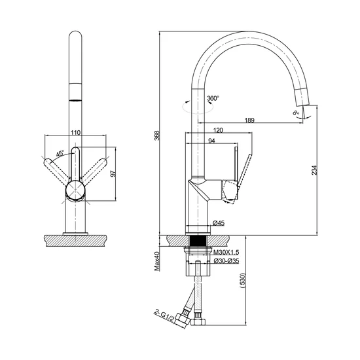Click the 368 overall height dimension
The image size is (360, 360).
click(157, 135)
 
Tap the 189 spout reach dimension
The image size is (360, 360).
click(249, 120)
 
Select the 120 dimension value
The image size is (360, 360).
click(218, 130)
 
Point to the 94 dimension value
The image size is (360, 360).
click(211, 141)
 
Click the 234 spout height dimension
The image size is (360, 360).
click(314, 170)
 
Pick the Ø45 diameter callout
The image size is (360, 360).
click(219, 223)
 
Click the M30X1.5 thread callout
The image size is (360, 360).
click(226, 252)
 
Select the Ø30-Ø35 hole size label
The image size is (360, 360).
click(226, 261)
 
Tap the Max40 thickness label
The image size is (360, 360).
click(157, 261)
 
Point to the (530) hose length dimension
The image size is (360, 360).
click(242, 281)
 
